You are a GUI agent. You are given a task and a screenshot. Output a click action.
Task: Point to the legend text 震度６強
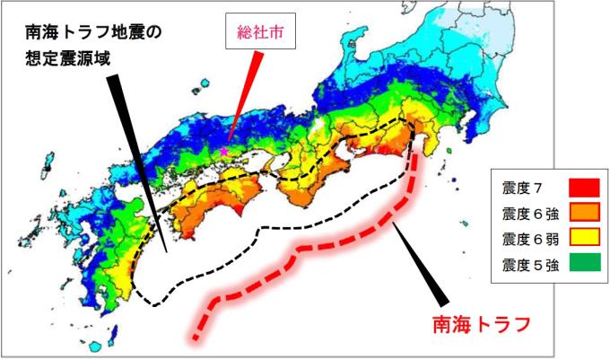tap(527, 214)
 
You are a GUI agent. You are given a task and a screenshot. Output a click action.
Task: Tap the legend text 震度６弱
tap(527, 239)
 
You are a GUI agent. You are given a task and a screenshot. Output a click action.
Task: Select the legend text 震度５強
tap(527, 264)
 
